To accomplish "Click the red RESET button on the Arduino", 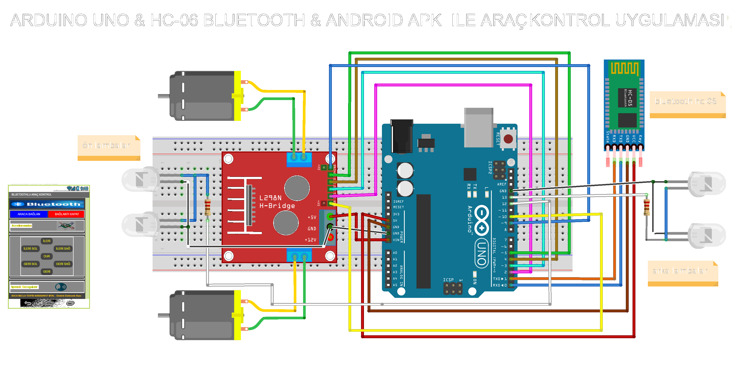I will [x=508, y=139].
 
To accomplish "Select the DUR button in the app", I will [x=47, y=256].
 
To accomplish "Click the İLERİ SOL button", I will [x=30, y=249].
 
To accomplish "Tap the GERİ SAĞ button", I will [x=63, y=264].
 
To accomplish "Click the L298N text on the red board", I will [x=270, y=198].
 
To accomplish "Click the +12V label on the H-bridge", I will [x=311, y=240].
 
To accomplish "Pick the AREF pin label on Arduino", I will [x=501, y=184].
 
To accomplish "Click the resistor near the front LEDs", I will [x=208, y=207].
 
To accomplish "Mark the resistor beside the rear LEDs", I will [x=646, y=207].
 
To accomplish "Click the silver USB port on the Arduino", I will [x=479, y=127].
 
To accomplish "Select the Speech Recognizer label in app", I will [x=24, y=287].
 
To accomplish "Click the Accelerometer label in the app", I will [x=22, y=226].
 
